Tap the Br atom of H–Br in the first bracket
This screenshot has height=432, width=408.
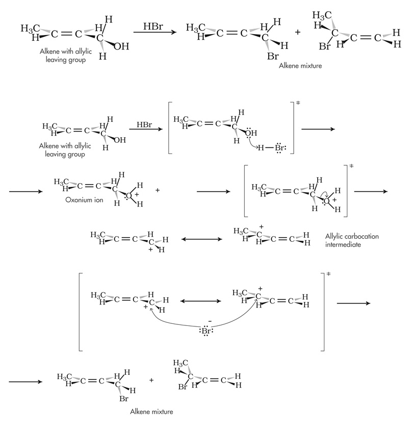coord(278,148)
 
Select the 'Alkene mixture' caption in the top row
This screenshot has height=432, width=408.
coord(300,66)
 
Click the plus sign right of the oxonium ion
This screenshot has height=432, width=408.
coord(158,190)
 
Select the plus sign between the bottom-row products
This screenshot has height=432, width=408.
coord(151,380)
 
